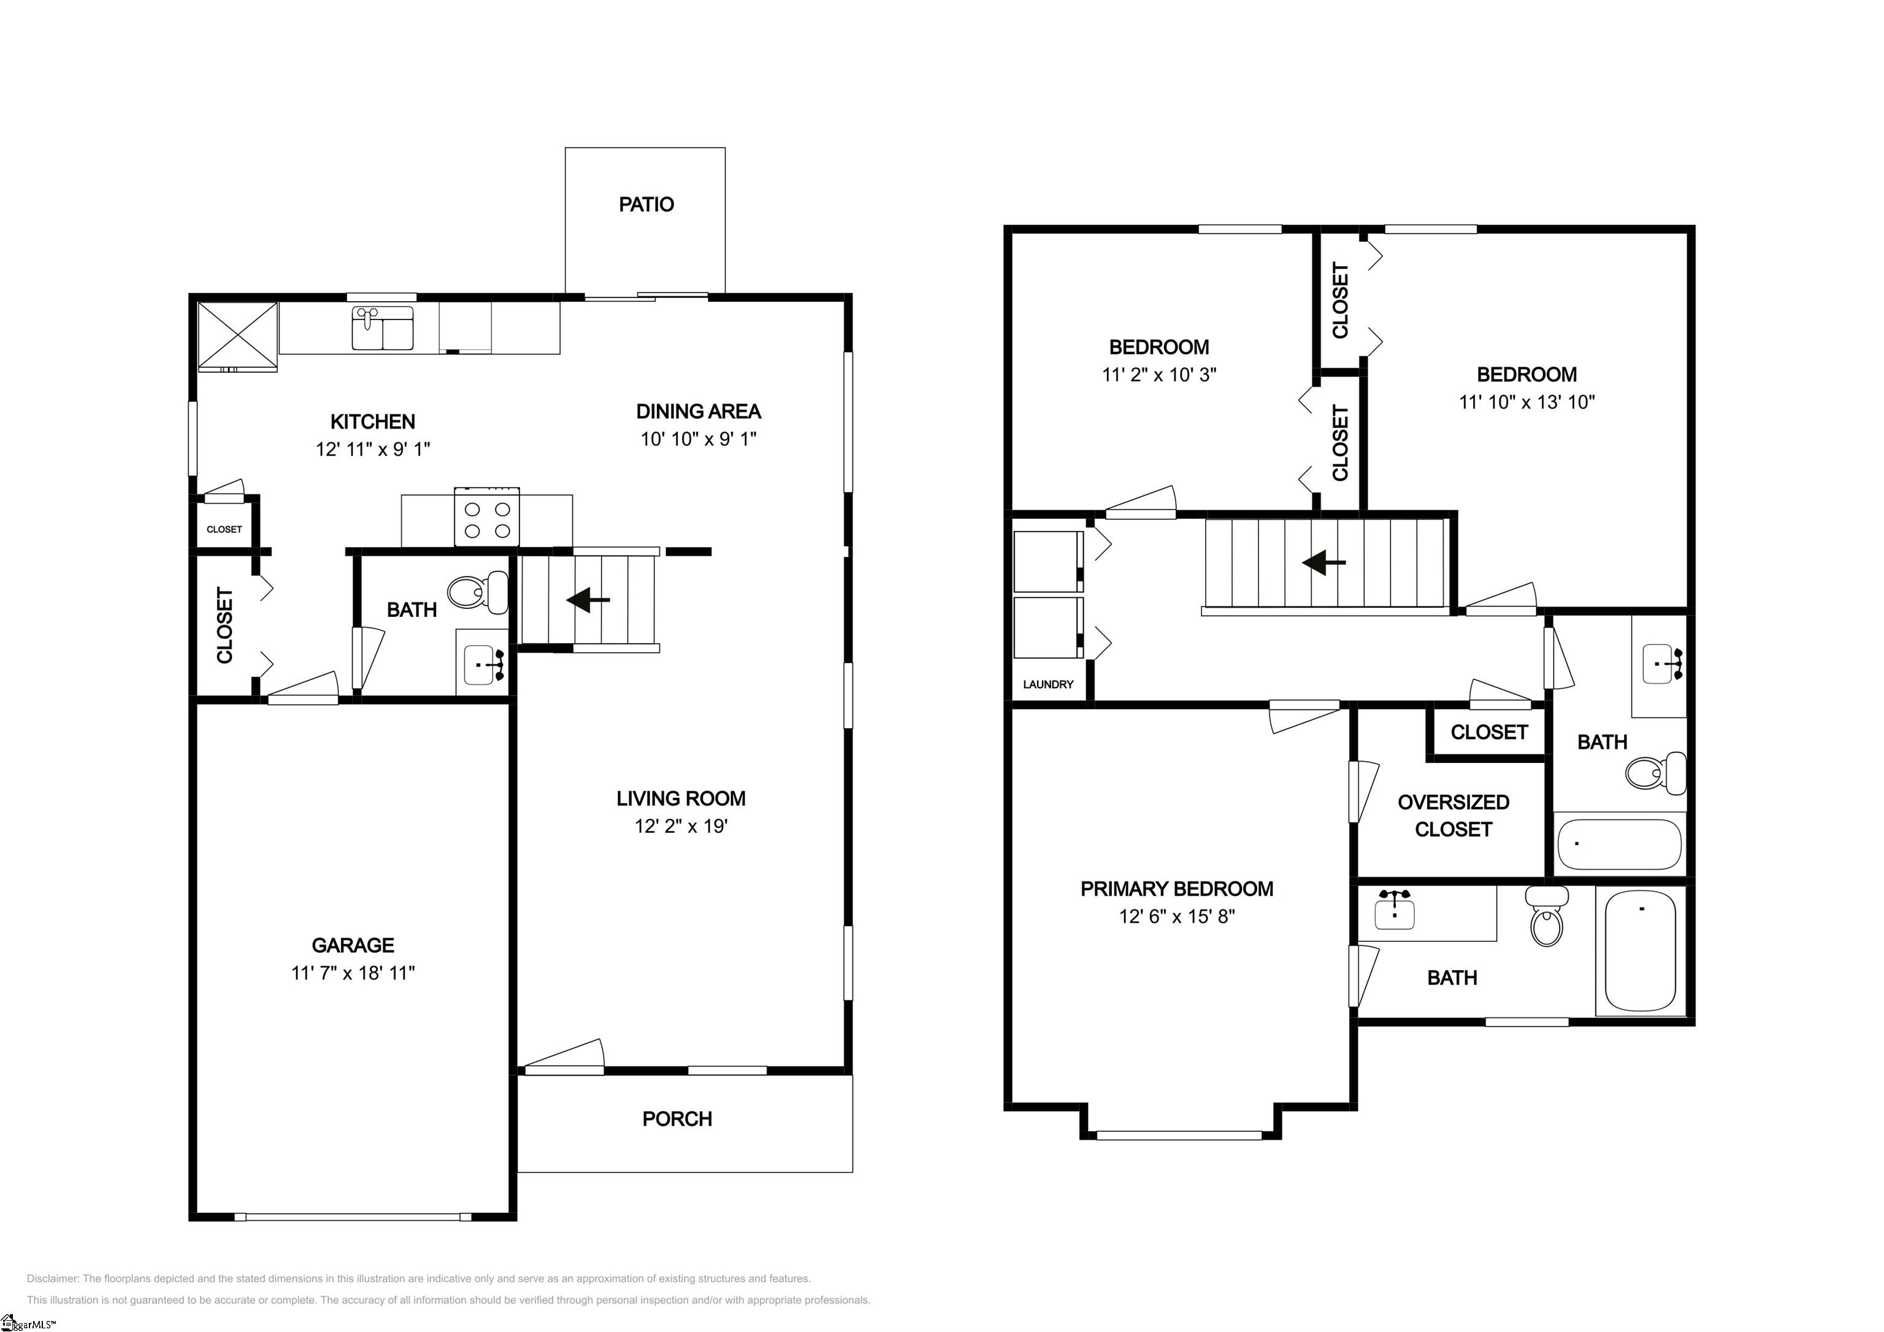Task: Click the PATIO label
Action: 646,204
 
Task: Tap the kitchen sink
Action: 382,328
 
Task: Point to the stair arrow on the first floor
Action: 588,600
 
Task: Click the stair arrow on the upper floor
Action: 1324,563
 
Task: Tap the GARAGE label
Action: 353,946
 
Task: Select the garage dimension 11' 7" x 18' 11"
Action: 353,973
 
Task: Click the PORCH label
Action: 677,1119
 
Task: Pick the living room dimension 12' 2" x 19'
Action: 681,827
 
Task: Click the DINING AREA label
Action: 699,411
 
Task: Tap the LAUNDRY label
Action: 1048,684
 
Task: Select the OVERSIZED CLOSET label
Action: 1453,816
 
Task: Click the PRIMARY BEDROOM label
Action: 1177,889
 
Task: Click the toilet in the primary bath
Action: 1546,917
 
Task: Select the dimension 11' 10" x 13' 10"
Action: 1526,402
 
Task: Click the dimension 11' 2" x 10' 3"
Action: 1158,375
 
